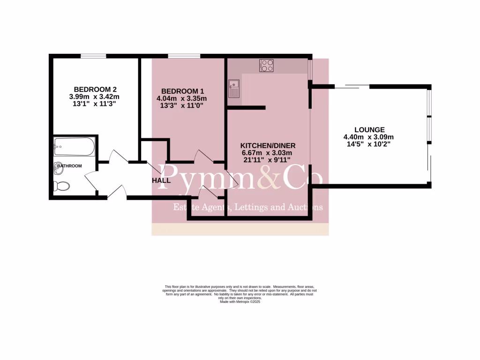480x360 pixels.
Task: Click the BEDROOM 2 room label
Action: point(95,89)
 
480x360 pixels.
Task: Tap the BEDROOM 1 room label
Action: point(183,91)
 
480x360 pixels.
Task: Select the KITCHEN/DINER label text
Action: point(268,145)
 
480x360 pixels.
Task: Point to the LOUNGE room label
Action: point(369,130)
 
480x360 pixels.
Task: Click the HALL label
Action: point(161,180)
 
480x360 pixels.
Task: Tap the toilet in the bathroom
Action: point(61,186)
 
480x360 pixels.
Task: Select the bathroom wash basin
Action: point(59,165)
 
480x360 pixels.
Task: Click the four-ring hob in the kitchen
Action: point(267,65)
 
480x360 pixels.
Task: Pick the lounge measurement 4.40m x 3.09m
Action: point(369,137)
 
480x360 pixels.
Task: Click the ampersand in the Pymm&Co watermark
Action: point(269,178)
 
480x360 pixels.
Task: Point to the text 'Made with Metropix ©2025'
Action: point(240,302)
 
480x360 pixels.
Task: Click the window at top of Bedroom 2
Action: point(93,56)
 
